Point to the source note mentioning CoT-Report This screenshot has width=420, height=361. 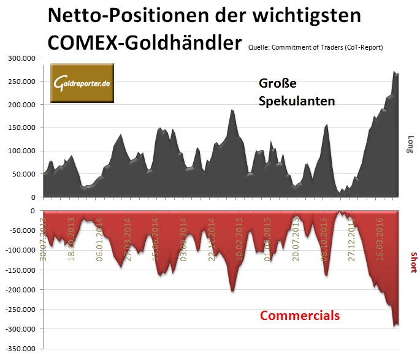pos(316,48)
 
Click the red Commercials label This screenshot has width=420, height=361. pos(300,316)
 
